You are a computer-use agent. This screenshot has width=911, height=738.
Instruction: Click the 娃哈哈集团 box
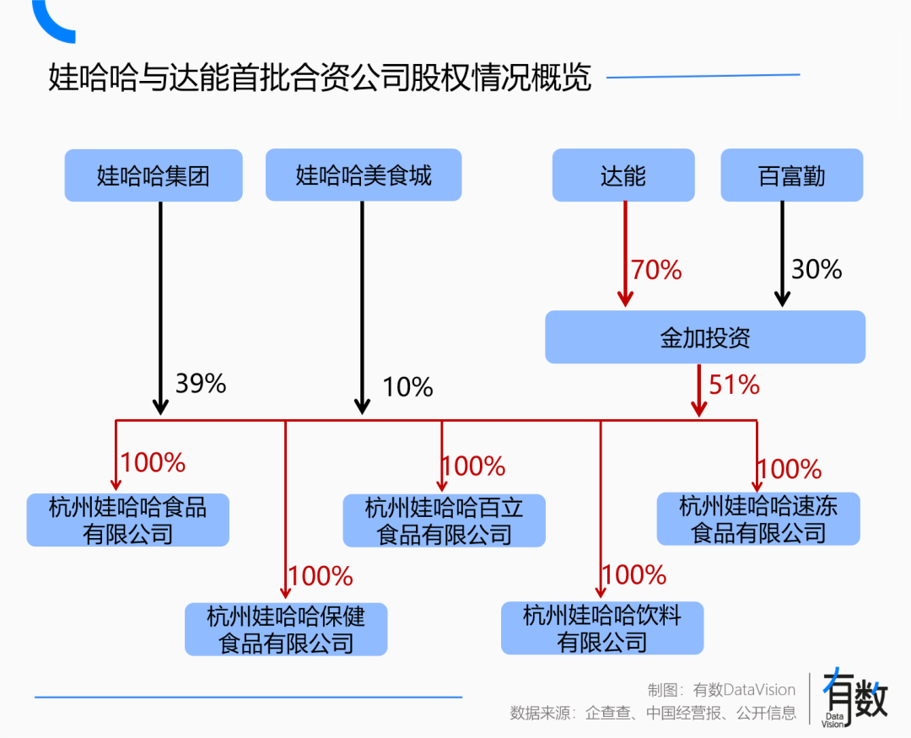point(153,175)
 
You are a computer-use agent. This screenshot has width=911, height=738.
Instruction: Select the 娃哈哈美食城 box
point(364,175)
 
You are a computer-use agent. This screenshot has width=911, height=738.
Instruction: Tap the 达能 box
point(623,175)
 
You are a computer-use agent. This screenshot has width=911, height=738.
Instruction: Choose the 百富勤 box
point(791,175)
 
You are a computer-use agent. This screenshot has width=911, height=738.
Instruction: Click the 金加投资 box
point(705,337)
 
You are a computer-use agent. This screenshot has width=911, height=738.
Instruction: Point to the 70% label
point(656,270)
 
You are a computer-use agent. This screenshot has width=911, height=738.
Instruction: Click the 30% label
point(817,269)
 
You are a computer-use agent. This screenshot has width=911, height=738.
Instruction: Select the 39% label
point(201,384)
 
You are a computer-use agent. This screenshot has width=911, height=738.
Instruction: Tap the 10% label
point(407,387)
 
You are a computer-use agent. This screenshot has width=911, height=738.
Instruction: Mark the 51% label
point(734,385)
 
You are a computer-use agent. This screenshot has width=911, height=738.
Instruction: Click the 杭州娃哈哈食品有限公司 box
point(128,520)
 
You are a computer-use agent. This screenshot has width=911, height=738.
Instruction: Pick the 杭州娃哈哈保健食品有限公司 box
point(286,629)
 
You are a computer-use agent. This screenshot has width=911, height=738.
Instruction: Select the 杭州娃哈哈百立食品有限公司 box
point(445,520)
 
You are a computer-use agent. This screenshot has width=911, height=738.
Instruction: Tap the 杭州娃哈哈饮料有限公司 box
point(602,628)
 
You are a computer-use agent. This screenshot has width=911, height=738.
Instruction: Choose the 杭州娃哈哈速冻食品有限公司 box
point(758,519)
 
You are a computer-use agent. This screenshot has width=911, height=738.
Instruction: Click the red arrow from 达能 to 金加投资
point(625,253)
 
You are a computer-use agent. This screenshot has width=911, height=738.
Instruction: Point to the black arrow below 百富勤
point(783,253)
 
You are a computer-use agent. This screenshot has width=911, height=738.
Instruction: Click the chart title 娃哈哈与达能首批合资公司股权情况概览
point(321,78)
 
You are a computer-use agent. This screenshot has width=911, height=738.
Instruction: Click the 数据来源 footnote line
point(653,714)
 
